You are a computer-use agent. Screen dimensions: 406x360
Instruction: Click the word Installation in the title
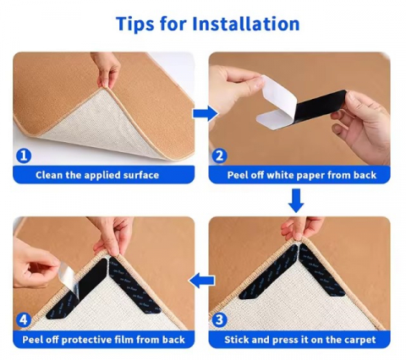(245, 24)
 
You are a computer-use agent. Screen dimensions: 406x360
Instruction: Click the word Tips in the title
(135, 24)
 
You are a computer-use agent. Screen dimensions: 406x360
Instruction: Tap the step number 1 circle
(24, 155)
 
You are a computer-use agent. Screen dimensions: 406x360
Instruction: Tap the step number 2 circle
(219, 155)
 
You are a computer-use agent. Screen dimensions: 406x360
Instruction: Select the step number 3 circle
(219, 320)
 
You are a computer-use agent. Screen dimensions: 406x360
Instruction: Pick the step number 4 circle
(24, 320)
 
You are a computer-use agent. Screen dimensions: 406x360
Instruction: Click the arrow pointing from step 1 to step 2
(206, 114)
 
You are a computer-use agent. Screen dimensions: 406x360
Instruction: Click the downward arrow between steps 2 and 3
(296, 201)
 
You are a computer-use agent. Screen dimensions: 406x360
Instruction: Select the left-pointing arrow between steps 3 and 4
(201, 281)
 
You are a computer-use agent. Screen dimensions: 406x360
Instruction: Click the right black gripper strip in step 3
(322, 271)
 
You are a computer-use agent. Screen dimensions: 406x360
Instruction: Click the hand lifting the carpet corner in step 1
(106, 69)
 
